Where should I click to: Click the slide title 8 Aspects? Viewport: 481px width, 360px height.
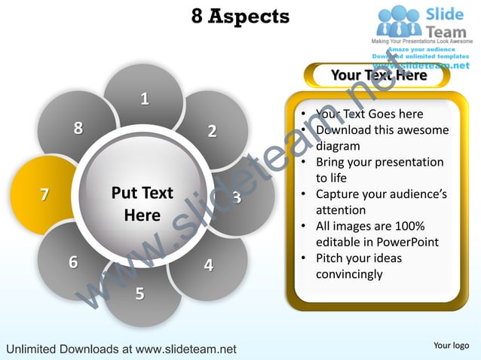coord(240,16)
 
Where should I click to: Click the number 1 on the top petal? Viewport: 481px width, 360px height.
coord(144,98)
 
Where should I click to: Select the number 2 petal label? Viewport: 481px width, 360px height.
coord(212,131)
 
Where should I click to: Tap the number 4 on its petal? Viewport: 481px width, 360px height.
coord(208,265)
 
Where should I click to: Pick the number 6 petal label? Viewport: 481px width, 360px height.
coord(73,262)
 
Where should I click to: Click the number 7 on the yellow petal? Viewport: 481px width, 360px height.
coord(44,194)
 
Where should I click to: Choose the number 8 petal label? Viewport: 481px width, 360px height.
coord(78,128)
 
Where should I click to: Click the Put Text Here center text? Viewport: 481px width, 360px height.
coord(142,203)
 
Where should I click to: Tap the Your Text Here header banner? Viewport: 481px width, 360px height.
coord(378,75)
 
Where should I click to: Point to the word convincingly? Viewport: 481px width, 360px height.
coord(348,274)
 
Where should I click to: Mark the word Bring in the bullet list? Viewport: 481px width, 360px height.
coord(332,162)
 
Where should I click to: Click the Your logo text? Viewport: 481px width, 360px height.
coord(452,345)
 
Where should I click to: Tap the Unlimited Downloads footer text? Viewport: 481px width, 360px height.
coord(121,349)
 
